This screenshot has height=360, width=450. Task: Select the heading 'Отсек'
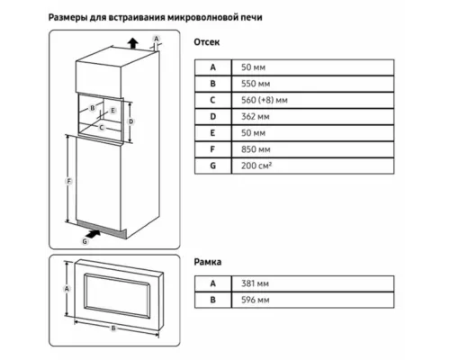(x=208, y=42)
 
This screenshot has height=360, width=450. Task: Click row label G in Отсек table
(x=213, y=166)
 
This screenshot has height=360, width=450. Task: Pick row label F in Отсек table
(x=213, y=150)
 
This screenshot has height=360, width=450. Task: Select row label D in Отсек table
(x=213, y=118)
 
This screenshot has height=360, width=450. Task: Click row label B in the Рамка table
(x=213, y=301)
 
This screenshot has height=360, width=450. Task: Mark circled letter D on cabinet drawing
(x=131, y=120)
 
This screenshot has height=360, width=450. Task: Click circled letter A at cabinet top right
(x=156, y=38)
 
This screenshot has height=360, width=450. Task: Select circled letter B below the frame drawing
(x=112, y=329)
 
